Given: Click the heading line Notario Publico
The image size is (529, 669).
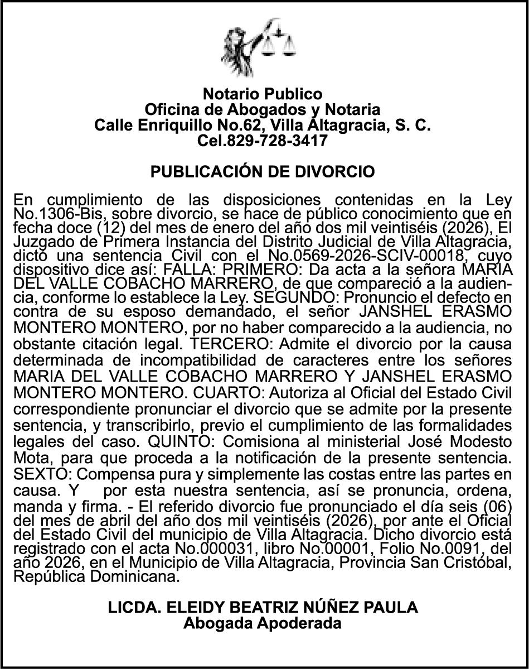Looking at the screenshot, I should tap(262, 93).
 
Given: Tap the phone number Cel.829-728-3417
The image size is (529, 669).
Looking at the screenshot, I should tap(262, 141).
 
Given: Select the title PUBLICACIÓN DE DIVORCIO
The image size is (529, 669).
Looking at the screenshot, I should tap(263, 171).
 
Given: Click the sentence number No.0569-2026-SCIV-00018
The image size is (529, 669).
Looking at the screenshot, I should tap(384, 261).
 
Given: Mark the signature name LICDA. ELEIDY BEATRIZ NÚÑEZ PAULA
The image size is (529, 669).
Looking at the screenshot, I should tap(263, 607).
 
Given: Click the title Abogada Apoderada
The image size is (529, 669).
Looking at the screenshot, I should tap(263, 623).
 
